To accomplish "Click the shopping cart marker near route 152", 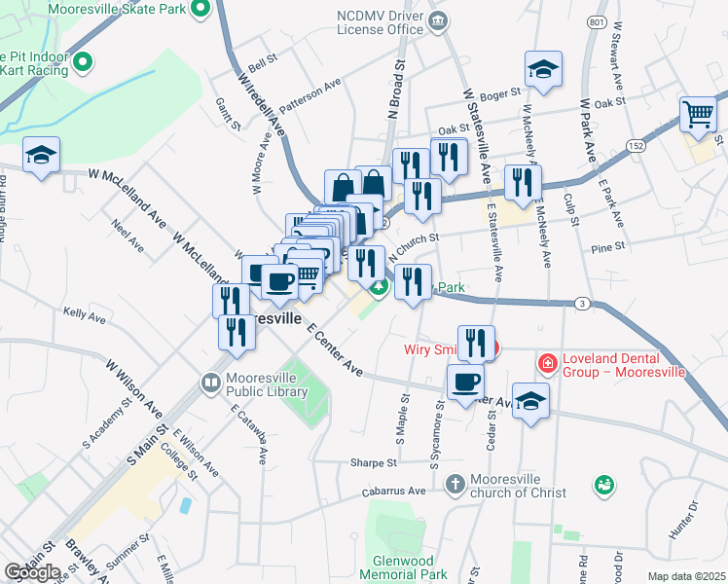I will [x=699, y=114].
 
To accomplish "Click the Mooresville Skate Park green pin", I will [x=201, y=11].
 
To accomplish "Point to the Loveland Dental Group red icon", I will [x=548, y=365].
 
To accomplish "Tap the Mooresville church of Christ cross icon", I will [x=455, y=484].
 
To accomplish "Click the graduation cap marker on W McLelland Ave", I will [x=42, y=155].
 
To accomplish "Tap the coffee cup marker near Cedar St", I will [x=465, y=381].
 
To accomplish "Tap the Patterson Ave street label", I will [x=310, y=95].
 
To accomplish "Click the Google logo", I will [x=32, y=572].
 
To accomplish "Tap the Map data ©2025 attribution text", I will [x=686, y=576].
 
